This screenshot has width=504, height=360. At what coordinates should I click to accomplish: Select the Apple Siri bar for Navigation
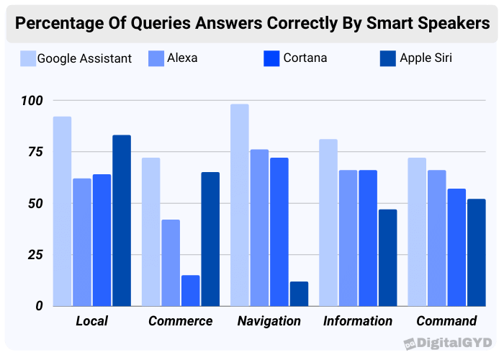coord(299,293)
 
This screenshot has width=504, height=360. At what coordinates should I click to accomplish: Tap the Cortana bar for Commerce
coord(191,290)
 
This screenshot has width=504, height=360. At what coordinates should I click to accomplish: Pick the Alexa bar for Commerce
coord(171,263)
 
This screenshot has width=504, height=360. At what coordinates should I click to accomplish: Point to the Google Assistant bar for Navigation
coord(240,205)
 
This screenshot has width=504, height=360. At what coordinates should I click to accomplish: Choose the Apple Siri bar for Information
coord(387,258)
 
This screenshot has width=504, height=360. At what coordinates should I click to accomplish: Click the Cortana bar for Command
coord(456,247)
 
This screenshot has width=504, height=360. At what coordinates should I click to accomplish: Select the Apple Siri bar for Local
coord(122,220)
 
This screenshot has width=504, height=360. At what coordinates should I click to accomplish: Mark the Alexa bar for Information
coord(348,238)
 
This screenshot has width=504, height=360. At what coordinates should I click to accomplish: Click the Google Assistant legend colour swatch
coord(29,58)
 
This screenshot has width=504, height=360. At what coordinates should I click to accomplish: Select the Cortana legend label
coord(305,58)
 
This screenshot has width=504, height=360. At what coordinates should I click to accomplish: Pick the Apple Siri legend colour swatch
coord(388,58)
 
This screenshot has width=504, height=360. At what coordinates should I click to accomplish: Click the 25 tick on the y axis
coord(35,255)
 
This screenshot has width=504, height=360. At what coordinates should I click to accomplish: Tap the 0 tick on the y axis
coord(39,306)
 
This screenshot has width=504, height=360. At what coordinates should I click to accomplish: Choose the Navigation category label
coord(269,321)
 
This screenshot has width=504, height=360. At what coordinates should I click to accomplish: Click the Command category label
coord(446,321)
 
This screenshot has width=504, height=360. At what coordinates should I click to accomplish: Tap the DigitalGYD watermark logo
coord(448,342)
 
